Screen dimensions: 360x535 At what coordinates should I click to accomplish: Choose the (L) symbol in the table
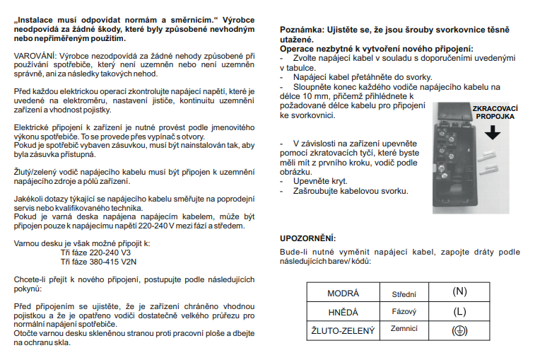coord(459,311)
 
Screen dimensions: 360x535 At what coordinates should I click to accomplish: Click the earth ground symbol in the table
coord(459,330)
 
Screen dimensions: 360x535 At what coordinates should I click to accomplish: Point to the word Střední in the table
coord(404,293)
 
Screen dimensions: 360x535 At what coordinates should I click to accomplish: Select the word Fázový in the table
coord(404,311)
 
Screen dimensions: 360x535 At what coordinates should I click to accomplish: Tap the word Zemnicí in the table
coord(404,330)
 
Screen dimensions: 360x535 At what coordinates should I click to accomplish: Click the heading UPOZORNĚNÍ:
coord(308,238)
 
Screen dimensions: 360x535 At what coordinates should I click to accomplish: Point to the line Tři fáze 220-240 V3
coord(96,252)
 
